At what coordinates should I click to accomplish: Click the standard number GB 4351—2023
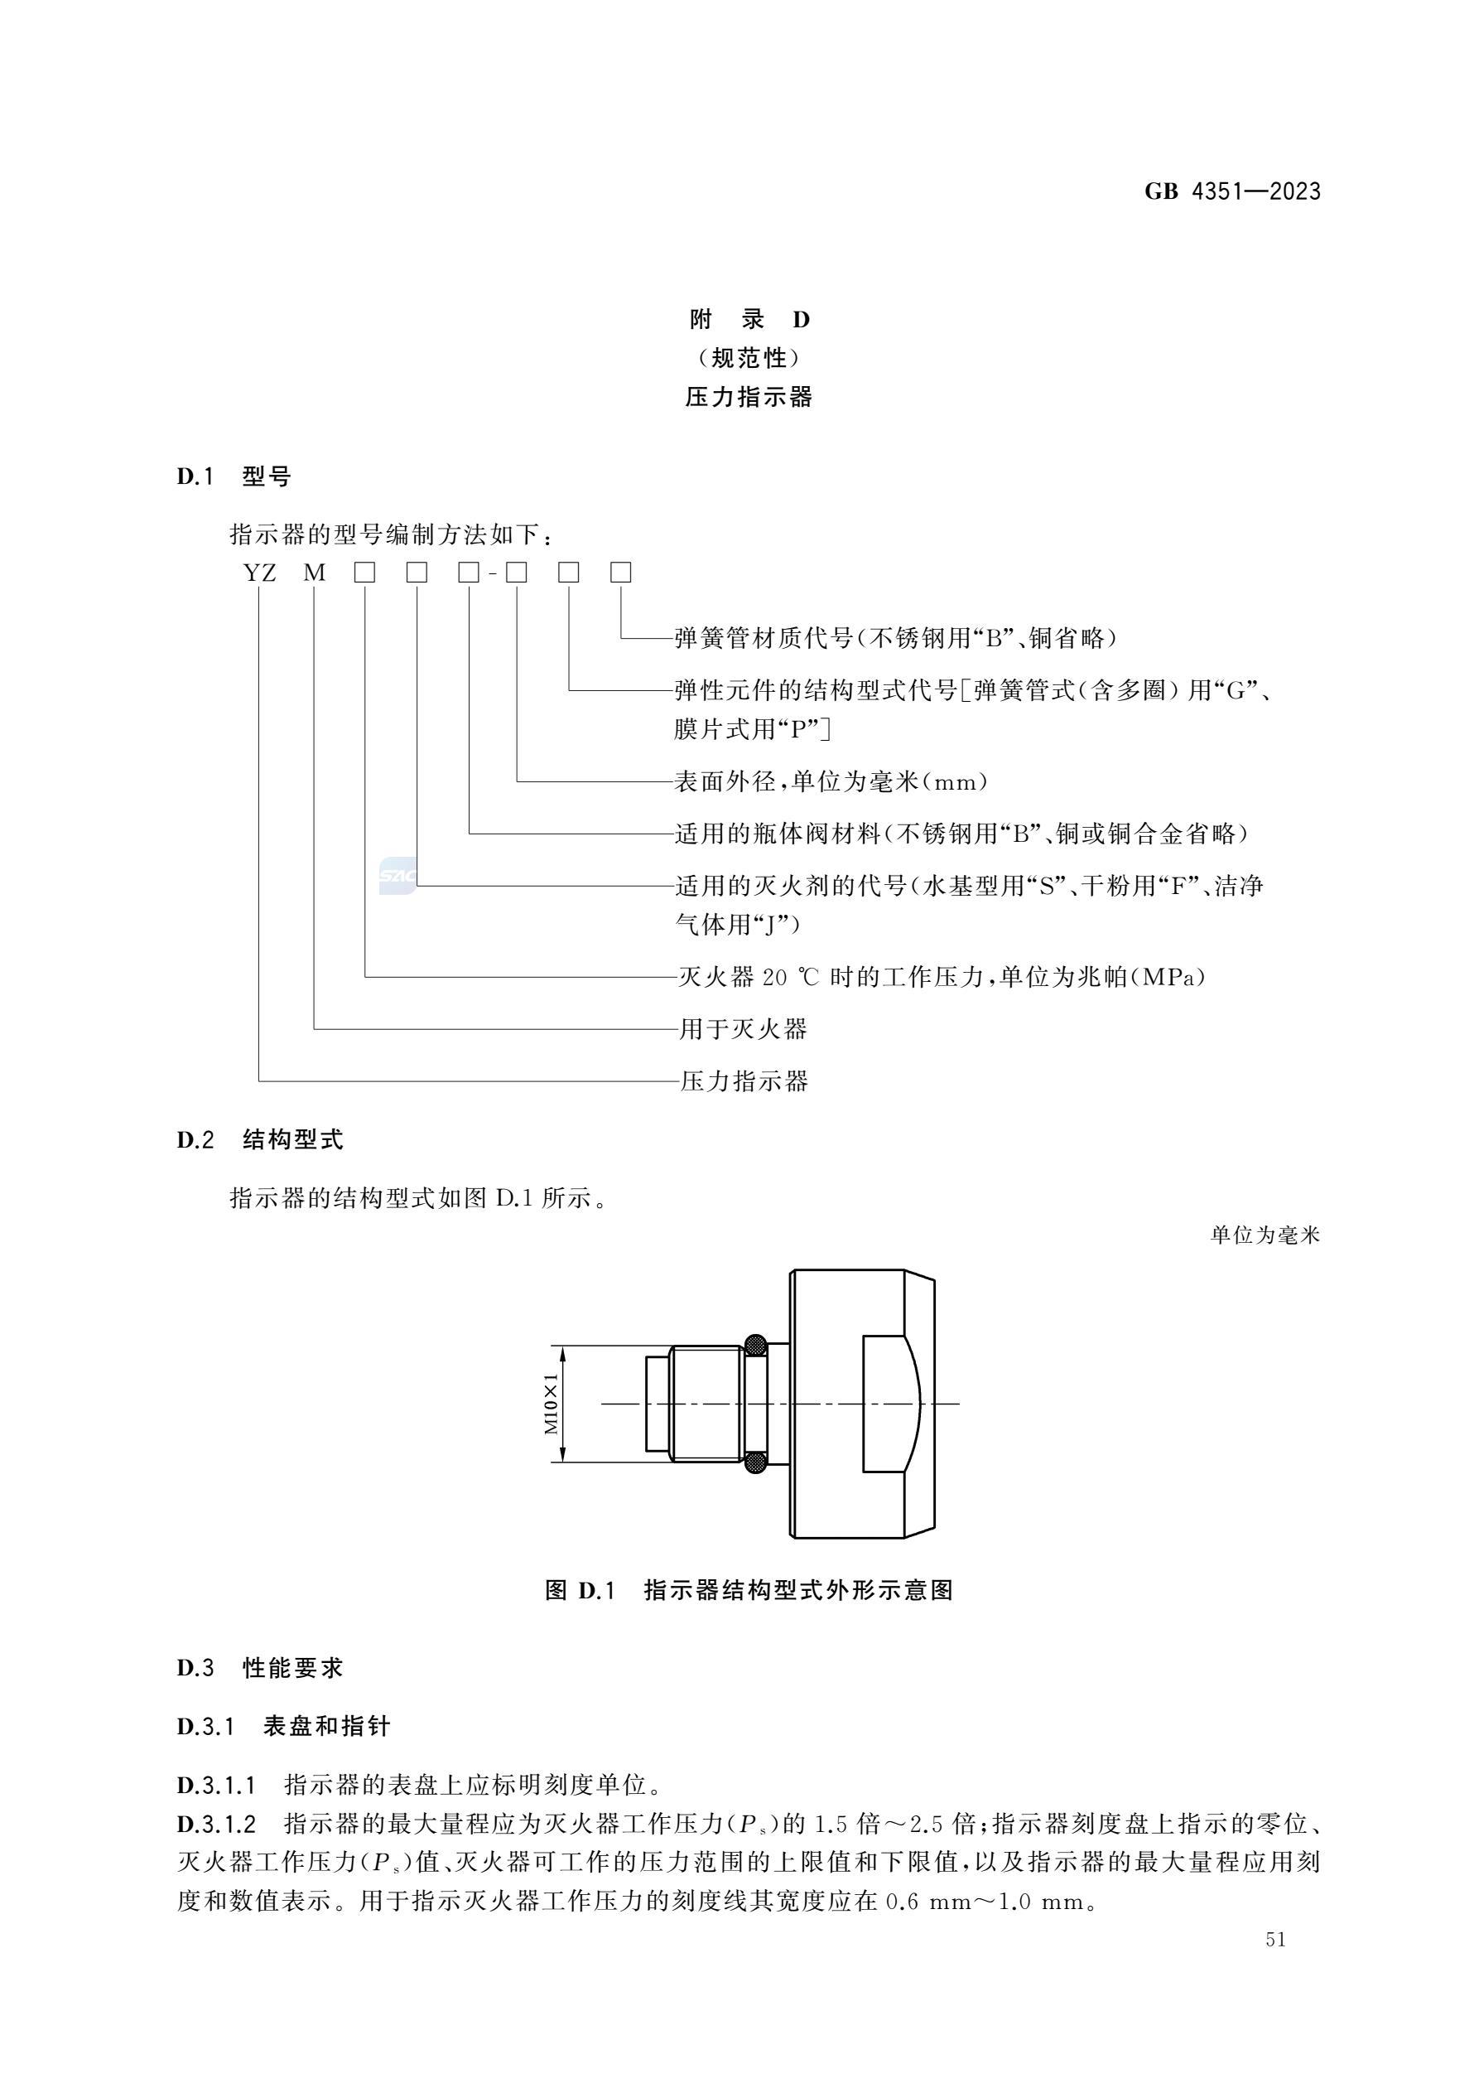(1232, 191)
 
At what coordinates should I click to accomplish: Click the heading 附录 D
(749, 320)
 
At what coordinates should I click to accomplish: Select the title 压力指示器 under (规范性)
(749, 398)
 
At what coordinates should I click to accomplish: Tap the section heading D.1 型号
(234, 476)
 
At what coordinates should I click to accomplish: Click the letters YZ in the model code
(260, 573)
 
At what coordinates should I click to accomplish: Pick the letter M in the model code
(315, 573)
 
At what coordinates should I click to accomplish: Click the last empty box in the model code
(620, 573)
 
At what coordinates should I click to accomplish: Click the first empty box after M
(365, 573)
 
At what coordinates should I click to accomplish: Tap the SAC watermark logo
(397, 876)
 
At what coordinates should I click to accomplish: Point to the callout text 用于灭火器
(744, 1029)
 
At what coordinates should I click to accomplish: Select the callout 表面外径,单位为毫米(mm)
(831, 781)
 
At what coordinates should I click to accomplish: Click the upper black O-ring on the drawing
(755, 1345)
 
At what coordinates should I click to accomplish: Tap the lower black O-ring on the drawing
(755, 1463)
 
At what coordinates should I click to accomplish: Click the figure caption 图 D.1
(581, 1591)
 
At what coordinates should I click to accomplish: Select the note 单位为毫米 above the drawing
(1265, 1235)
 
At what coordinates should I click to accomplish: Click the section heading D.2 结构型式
(260, 1139)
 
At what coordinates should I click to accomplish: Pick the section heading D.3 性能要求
(260, 1668)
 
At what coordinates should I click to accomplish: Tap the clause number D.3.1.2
(216, 1824)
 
